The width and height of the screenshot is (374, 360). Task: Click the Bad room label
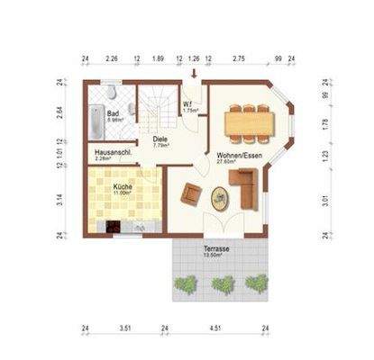pyautogui.click(x=113, y=114)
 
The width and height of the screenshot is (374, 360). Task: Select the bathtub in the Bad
pyautogui.click(x=96, y=118)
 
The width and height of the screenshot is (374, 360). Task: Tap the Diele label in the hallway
pyautogui.click(x=160, y=139)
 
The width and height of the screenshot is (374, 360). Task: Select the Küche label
pyautogui.click(x=122, y=187)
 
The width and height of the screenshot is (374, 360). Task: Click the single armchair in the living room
pyautogui.click(x=192, y=192)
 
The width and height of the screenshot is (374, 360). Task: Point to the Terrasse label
pyautogui.click(x=216, y=247)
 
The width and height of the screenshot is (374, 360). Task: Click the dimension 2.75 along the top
pyautogui.click(x=239, y=58)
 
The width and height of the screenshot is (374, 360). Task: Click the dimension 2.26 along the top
pyautogui.click(x=112, y=58)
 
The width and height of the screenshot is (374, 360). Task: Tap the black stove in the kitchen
pyautogui.click(x=113, y=228)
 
